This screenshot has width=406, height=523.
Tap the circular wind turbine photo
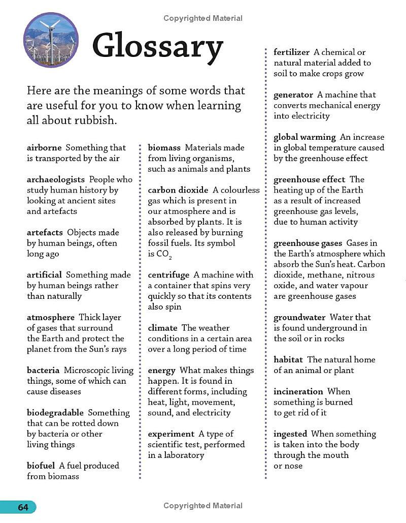pyautogui.click(x=51, y=40)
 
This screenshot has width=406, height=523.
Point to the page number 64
pyautogui.click(x=23, y=507)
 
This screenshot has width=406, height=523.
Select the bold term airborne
pyautogui.click(x=44, y=148)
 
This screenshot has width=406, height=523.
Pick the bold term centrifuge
pyautogui.click(x=168, y=275)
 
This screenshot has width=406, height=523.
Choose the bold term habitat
pyautogui.click(x=288, y=360)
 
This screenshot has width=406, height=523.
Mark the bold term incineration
pyautogui.click(x=298, y=391)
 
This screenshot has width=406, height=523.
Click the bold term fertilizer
pyautogui.click(x=291, y=52)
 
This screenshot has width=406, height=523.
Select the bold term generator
pyautogui.click(x=293, y=95)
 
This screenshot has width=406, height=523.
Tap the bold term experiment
pyautogui.click(x=171, y=434)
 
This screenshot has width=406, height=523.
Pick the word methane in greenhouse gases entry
pyautogui.click(x=321, y=275)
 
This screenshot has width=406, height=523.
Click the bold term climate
pyautogui.click(x=162, y=328)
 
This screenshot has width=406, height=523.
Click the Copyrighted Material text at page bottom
pyautogui.click(x=203, y=506)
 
